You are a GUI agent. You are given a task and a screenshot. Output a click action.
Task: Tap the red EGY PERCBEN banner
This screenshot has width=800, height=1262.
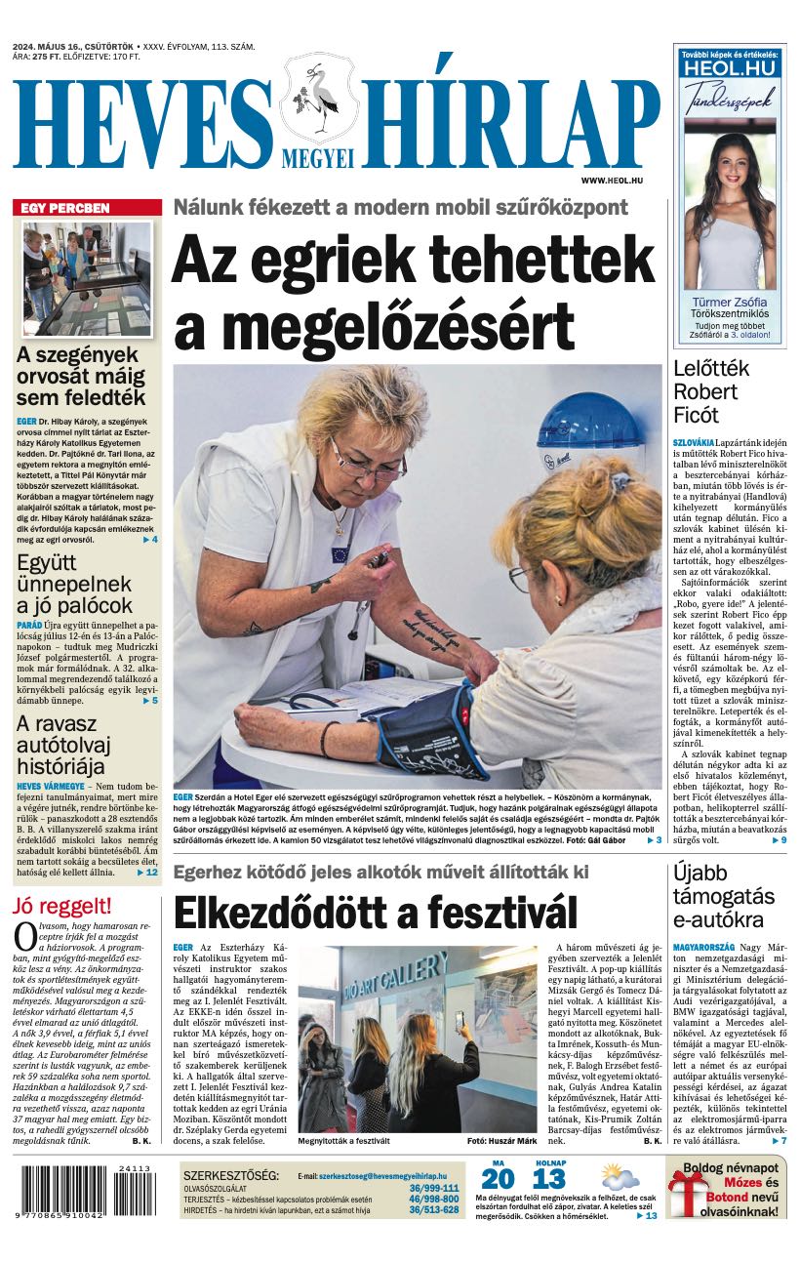89,208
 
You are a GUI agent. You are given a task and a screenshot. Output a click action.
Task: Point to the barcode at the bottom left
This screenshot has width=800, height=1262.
86,1192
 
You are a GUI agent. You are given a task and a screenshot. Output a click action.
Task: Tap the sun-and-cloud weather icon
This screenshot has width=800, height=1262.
620,1176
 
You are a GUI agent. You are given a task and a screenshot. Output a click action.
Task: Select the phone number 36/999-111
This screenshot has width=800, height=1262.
434,1188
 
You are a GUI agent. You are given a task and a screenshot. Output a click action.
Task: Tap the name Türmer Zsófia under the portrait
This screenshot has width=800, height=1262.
730,302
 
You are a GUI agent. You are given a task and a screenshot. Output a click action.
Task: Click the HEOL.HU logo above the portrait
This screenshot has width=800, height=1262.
730,69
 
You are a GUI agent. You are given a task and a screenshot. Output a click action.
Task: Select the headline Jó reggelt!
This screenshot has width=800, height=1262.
61,906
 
